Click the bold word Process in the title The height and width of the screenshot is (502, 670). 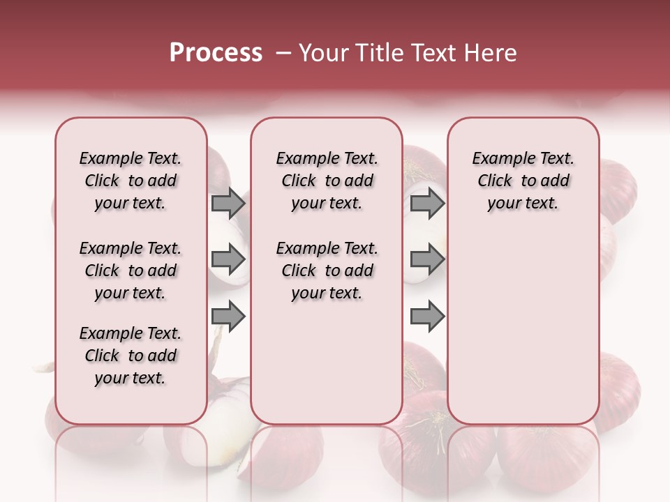[216, 53]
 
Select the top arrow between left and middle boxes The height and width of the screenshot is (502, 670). [228, 203]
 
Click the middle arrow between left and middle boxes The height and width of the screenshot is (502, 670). [228, 260]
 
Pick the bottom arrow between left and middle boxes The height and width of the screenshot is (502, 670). [228, 317]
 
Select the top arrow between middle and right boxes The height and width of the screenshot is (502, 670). [427, 203]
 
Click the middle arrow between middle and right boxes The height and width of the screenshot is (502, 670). [427, 260]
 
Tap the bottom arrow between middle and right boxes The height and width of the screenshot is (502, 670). [427, 317]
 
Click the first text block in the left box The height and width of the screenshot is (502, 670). [131, 181]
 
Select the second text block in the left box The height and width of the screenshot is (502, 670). [131, 271]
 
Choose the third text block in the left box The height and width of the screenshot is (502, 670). [131, 356]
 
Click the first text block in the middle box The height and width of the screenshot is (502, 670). [327, 181]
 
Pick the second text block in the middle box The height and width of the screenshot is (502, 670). [327, 271]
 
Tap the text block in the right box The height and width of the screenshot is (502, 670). [523, 181]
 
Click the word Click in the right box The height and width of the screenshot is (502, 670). [495, 181]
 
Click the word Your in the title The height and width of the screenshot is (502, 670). [324, 53]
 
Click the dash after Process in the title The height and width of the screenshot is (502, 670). [283, 53]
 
